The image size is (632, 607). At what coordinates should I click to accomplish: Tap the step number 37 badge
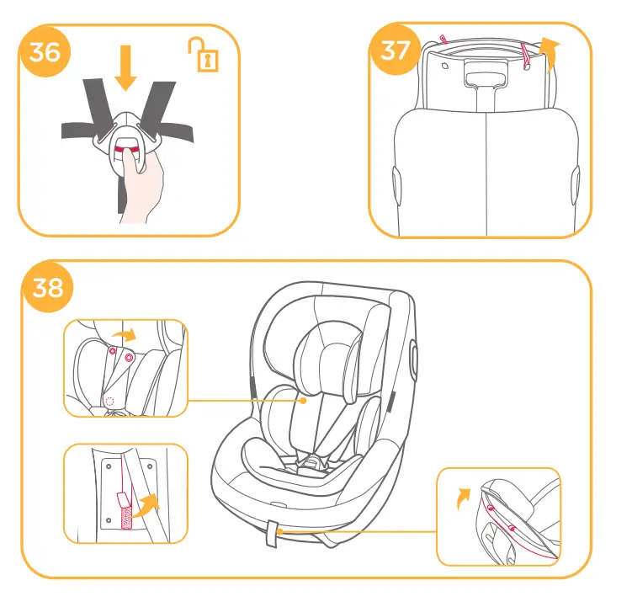click(x=396, y=51)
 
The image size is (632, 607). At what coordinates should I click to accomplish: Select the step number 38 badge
click(x=48, y=287)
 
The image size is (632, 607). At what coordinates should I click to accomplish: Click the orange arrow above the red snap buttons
click(x=125, y=335)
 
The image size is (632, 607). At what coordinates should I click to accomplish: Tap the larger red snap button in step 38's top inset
click(x=129, y=358)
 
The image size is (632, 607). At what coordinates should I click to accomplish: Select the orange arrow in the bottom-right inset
click(x=461, y=497)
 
